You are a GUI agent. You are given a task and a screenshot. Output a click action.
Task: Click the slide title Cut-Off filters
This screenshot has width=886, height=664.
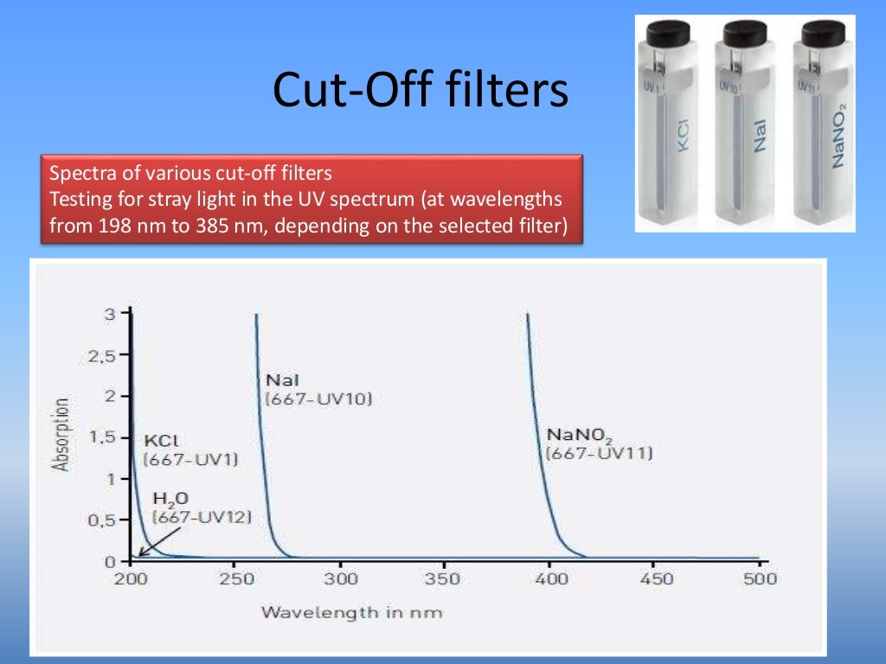(421, 91)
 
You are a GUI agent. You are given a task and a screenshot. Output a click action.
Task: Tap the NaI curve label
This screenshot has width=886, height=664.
(282, 380)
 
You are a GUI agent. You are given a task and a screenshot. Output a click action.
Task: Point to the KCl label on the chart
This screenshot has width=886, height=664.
(159, 440)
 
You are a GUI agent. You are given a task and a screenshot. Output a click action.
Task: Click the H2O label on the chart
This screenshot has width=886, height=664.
(170, 499)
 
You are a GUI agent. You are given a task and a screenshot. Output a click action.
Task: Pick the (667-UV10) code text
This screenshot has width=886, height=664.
(318, 399)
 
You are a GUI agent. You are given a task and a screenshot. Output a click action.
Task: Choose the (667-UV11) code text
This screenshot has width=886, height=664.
(599, 452)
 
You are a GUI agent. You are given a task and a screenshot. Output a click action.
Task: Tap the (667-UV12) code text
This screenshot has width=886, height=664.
(202, 517)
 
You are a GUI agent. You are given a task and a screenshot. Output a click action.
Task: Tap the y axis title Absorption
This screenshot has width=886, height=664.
(61, 435)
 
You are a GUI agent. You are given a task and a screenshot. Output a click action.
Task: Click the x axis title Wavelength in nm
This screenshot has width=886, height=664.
(351, 613)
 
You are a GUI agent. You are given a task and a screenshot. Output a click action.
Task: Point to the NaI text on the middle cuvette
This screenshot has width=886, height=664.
(760, 137)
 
